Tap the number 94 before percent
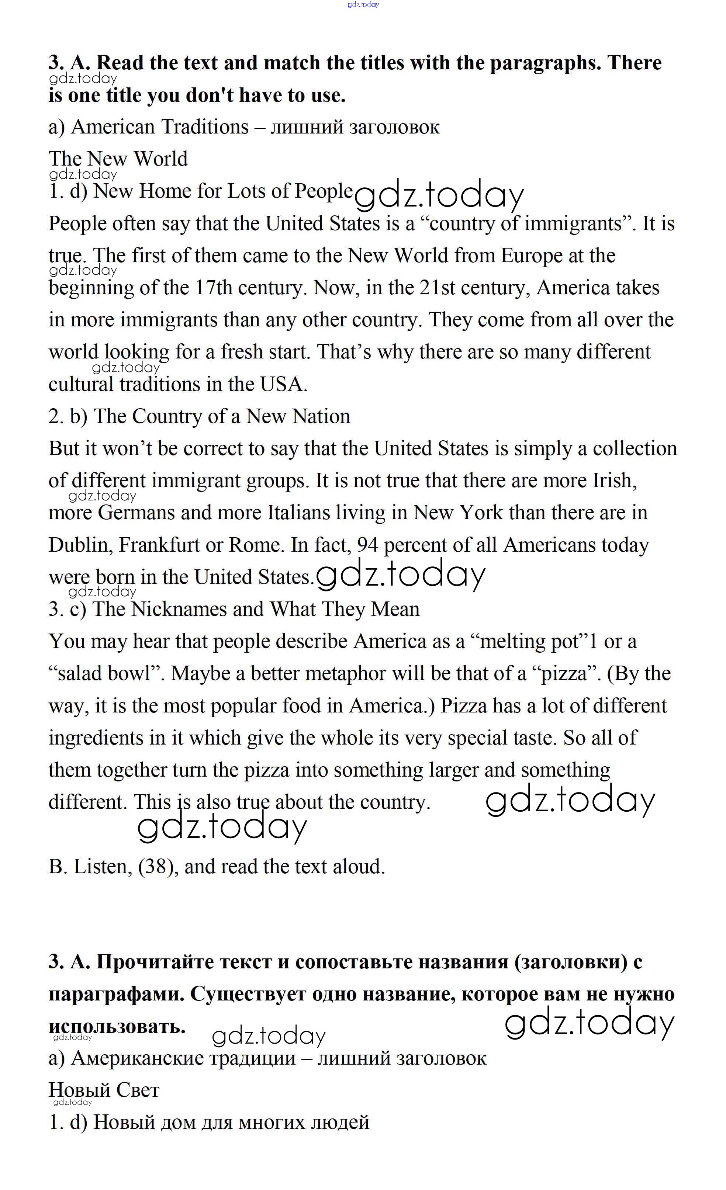pyautogui.click(x=367, y=545)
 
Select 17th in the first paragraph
pyautogui.click(x=214, y=288)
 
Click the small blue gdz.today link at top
pyautogui.click(x=363, y=4)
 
